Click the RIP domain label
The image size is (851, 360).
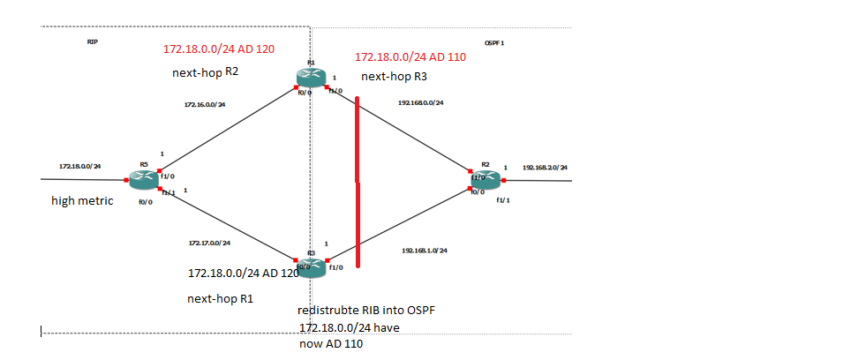[x=93, y=41]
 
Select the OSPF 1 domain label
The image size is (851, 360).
[x=494, y=42]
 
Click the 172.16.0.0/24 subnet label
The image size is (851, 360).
[x=205, y=105]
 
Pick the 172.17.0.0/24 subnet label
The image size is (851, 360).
[x=209, y=243]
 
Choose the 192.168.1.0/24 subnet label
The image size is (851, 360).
[x=425, y=251]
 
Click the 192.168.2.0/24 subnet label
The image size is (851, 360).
[x=545, y=167]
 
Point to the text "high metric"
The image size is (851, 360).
[x=82, y=201]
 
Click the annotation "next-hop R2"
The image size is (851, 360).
[x=205, y=72]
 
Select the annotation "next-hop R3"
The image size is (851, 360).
[x=395, y=77]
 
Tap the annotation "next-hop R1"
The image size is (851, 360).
[x=220, y=298]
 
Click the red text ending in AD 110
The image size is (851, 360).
[x=410, y=56]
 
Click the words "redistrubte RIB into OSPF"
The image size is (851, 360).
[x=366, y=311]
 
